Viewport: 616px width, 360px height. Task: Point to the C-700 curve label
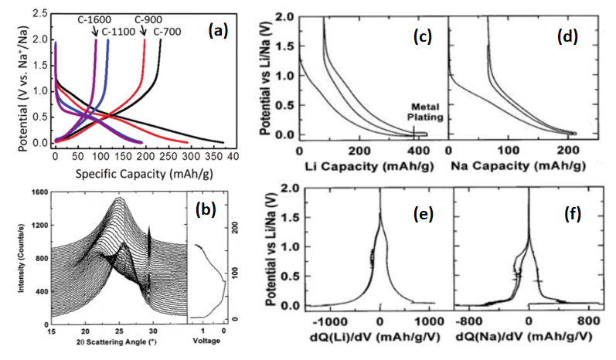pyautogui.click(x=168, y=31)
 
